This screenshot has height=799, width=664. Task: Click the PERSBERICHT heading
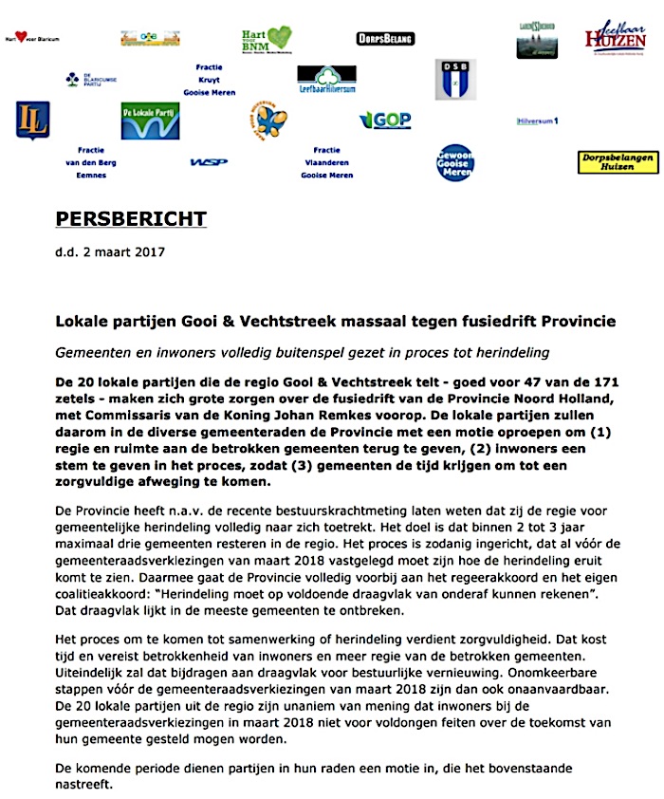click(130, 218)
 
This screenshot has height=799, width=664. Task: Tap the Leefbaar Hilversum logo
click(326, 79)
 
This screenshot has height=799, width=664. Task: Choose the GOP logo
click(385, 120)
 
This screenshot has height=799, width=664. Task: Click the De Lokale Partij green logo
click(150, 121)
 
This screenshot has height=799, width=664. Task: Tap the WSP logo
click(209, 162)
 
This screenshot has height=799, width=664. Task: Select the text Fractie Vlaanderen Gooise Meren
click(326, 162)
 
